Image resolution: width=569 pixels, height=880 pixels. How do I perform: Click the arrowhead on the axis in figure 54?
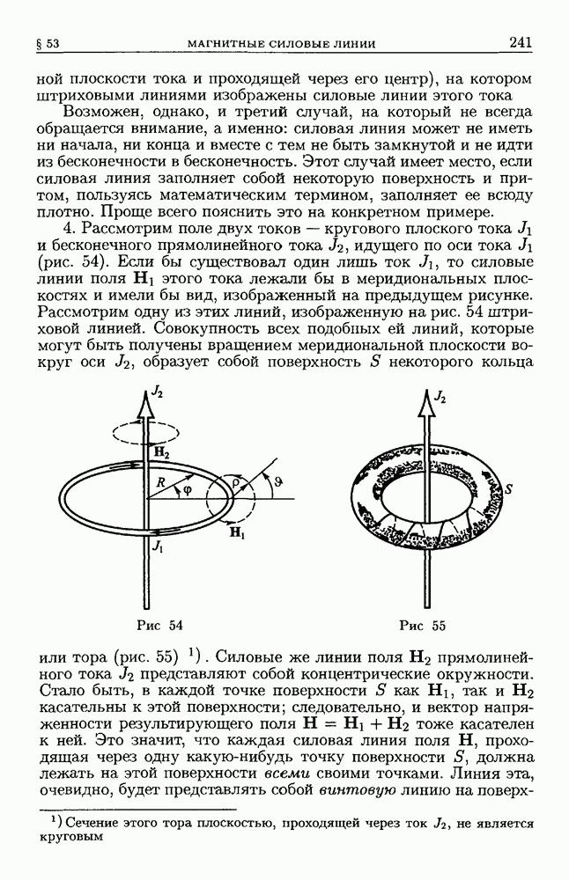click(144, 402)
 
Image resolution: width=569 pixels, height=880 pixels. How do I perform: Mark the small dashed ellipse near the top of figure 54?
click(144, 435)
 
